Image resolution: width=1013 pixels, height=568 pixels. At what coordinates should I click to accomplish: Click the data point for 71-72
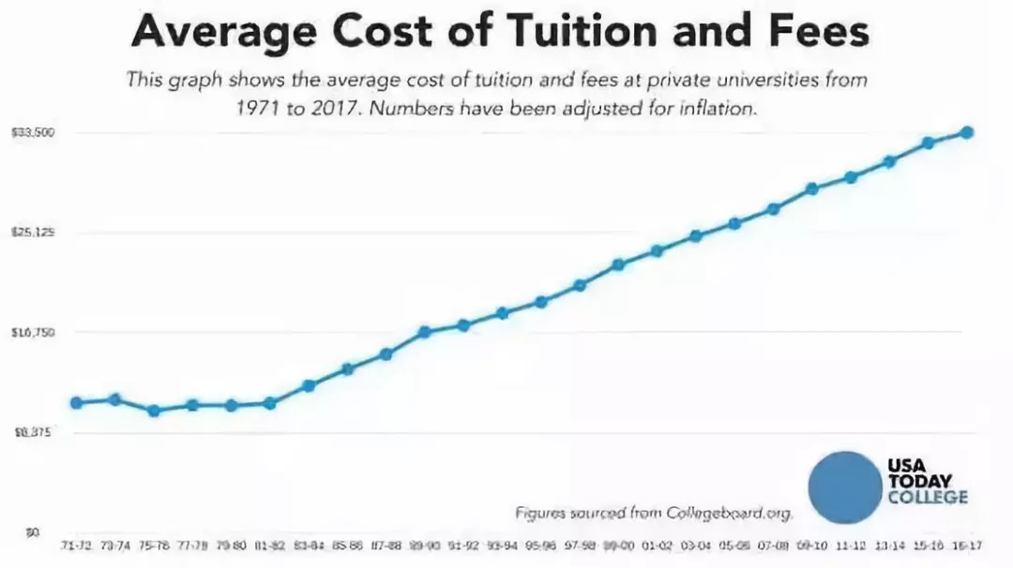[x=76, y=403]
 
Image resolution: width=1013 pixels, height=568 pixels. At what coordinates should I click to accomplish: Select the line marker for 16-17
[x=967, y=132]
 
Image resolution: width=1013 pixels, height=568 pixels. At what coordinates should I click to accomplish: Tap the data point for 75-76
[x=154, y=411]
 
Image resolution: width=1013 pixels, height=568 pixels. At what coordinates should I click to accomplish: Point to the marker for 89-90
[x=424, y=332]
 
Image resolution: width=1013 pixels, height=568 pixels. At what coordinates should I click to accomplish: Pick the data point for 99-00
[x=618, y=264]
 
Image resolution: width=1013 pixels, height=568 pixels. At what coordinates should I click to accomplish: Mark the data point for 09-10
[x=812, y=188]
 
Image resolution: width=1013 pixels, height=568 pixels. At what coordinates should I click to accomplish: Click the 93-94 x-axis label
[x=502, y=545]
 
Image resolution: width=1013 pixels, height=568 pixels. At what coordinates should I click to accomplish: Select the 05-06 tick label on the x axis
[x=734, y=545]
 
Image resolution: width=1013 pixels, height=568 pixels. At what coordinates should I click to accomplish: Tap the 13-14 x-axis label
[x=889, y=545]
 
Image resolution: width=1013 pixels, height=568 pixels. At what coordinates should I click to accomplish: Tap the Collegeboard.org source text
[x=731, y=513]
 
